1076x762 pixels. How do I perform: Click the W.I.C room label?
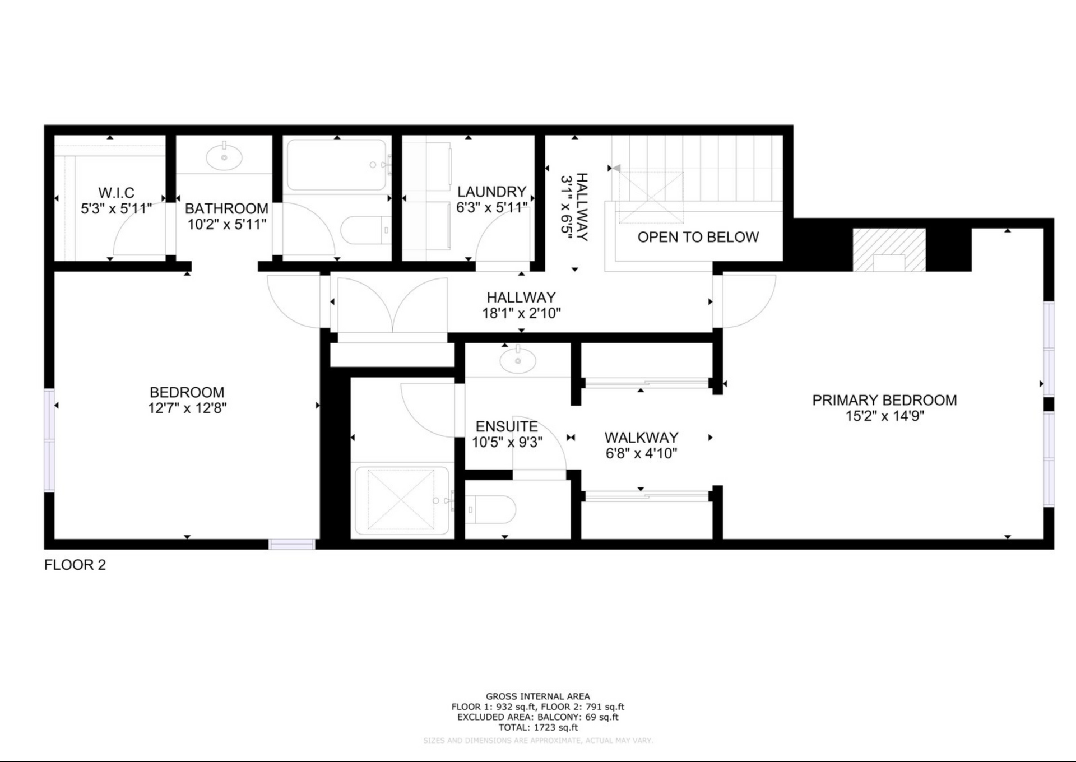116,193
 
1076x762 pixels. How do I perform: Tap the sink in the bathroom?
224,157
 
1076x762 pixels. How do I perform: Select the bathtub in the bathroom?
337,165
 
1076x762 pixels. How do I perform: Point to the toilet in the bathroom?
364,230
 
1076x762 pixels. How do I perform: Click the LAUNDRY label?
491,192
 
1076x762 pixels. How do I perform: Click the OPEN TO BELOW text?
698,237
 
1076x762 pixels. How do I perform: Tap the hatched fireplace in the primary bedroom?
889,250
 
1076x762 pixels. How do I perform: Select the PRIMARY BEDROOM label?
884,400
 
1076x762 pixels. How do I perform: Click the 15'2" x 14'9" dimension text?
884,416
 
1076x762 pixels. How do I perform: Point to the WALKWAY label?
641,438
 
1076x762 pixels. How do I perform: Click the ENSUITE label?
507,426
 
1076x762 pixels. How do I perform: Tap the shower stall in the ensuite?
401,499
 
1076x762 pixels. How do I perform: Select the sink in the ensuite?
517,360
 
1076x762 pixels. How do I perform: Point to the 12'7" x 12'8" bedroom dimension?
187,408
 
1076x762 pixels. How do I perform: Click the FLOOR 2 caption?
75,565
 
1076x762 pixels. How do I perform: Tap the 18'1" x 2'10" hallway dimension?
521,313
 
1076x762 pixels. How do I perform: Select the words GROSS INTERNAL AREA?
537,696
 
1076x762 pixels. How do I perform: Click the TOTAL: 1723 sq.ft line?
537,727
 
